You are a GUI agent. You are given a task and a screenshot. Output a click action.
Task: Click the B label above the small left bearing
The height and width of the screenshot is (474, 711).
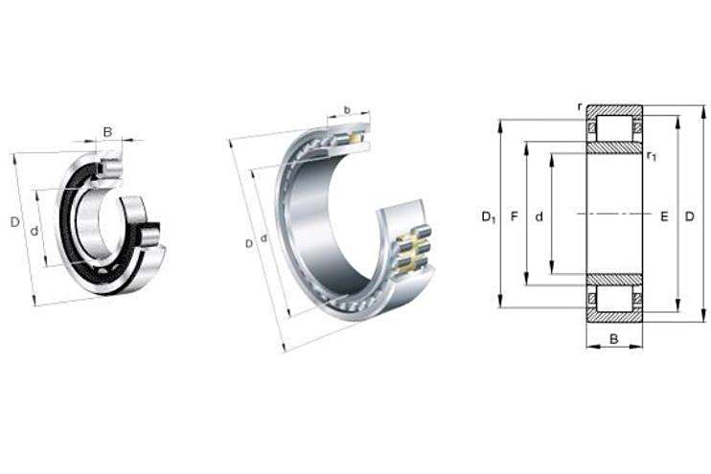click(107, 132)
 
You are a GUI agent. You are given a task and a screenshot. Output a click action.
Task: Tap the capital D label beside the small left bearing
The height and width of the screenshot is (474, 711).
click(15, 222)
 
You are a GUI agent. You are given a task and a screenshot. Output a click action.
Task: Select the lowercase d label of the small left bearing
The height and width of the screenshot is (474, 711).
click(34, 231)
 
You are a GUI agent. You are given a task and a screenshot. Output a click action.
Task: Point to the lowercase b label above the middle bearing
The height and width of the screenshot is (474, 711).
click(347, 110)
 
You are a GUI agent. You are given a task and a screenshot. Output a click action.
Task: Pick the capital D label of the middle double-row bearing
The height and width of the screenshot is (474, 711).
click(249, 244)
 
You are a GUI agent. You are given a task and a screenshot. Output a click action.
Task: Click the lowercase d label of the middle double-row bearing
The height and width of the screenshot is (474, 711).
click(264, 237)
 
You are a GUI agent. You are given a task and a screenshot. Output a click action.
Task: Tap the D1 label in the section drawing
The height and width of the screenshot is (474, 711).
click(489, 217)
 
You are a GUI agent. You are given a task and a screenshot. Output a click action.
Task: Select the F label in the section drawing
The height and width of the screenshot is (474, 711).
click(514, 216)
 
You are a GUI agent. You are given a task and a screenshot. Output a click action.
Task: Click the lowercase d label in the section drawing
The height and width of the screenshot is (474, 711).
click(539, 217)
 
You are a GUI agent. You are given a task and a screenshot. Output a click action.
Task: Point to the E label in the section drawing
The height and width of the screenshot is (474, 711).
click(664, 216)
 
